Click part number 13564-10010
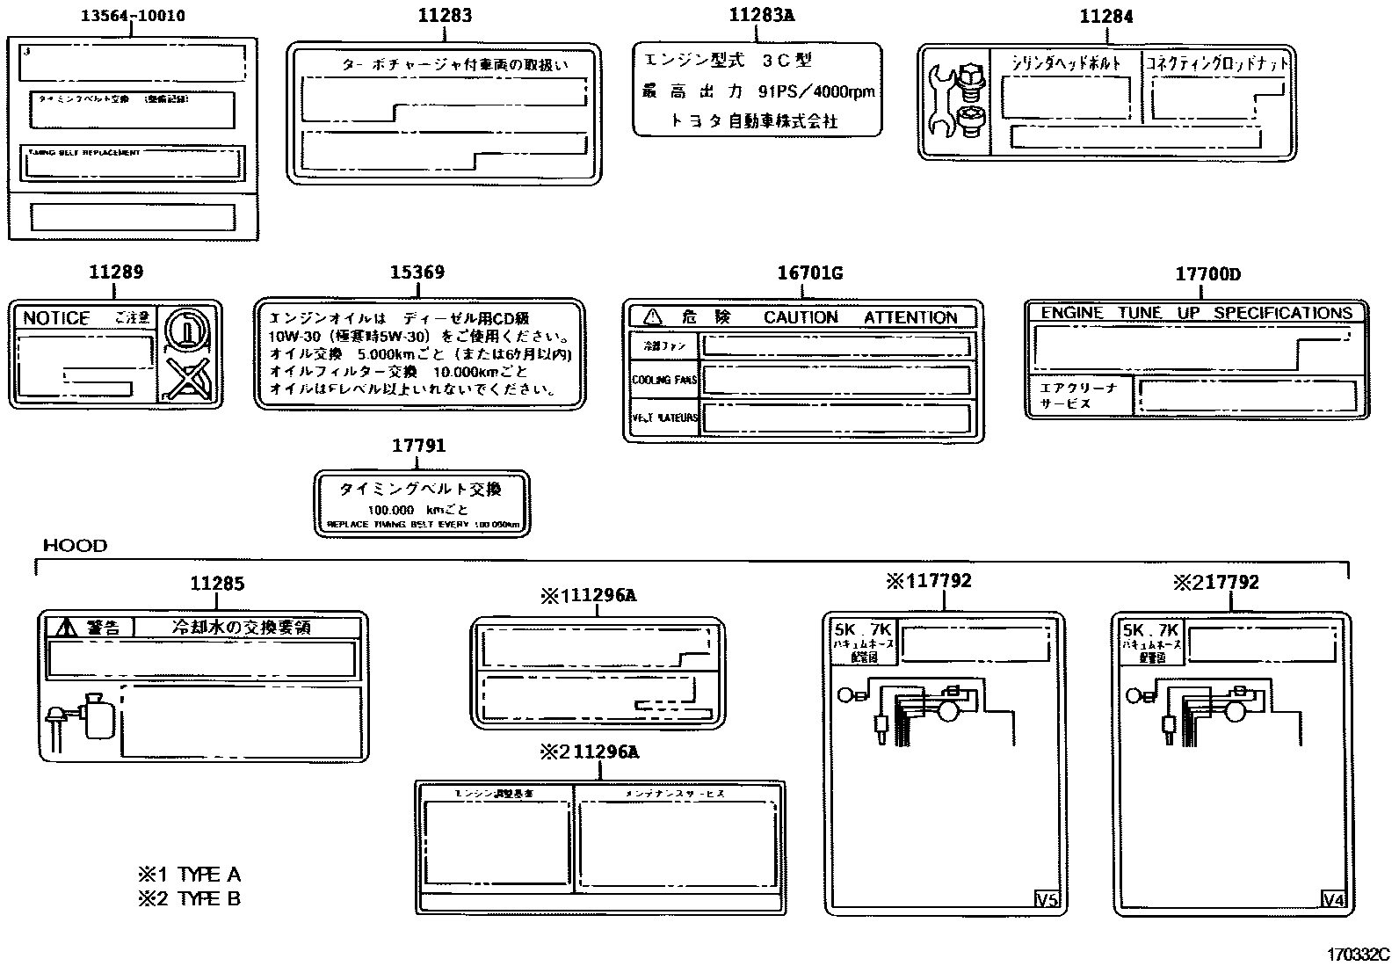133,16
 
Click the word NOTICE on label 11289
56,318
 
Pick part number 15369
417,272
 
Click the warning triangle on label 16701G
651,316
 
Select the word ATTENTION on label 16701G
910,317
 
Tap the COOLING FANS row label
663,381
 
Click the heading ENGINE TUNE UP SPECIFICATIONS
1196,313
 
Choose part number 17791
418,446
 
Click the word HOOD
76,546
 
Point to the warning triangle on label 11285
66,627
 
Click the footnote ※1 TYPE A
189,875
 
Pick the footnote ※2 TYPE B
189,898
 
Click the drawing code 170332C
1358,954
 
